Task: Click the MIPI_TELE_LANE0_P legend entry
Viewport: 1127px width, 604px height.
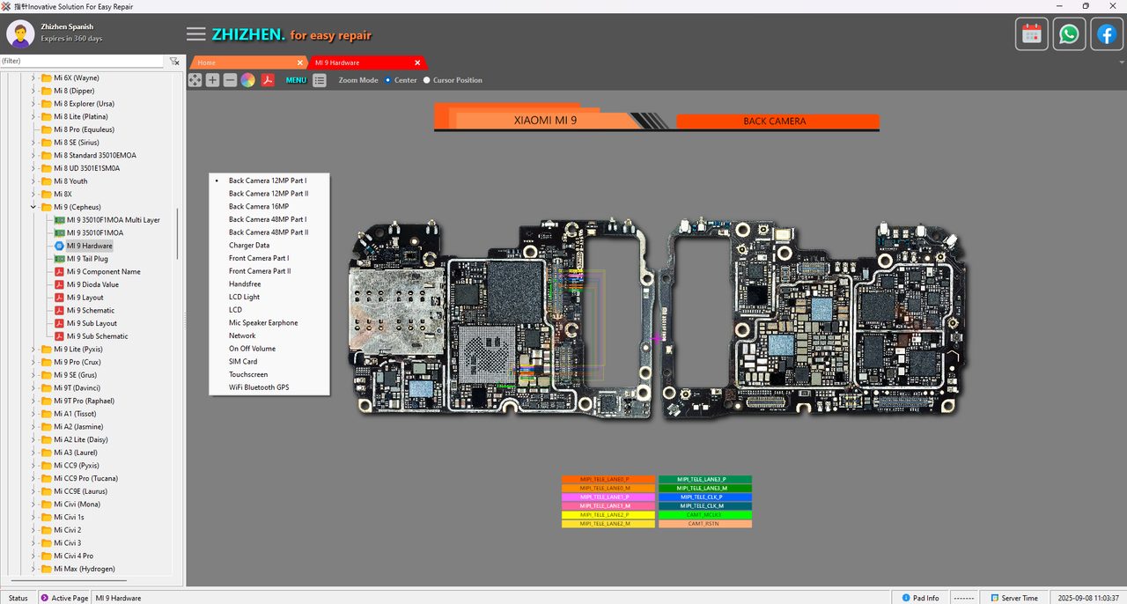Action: coord(608,480)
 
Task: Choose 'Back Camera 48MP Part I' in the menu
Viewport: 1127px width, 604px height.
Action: coord(268,219)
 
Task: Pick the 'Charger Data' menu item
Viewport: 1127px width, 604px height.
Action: coord(249,246)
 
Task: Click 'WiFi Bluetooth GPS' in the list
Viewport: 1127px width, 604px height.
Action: coord(259,387)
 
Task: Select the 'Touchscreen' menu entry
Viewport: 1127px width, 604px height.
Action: coord(248,374)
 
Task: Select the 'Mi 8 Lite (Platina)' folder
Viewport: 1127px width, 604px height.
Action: coord(80,117)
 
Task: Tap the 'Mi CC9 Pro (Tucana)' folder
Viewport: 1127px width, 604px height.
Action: coord(85,479)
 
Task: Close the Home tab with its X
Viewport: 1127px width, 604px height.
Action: coord(299,63)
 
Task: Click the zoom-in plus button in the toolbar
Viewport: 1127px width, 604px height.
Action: coord(212,80)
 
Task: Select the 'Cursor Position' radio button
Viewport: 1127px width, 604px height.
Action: coord(427,80)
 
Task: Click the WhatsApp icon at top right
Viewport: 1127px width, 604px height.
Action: coord(1069,34)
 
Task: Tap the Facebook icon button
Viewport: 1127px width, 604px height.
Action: coord(1107,34)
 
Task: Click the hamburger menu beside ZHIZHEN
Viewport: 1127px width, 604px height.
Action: coord(196,34)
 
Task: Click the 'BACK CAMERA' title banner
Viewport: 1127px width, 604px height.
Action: coord(775,122)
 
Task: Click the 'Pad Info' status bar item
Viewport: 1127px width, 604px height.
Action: coord(919,598)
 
